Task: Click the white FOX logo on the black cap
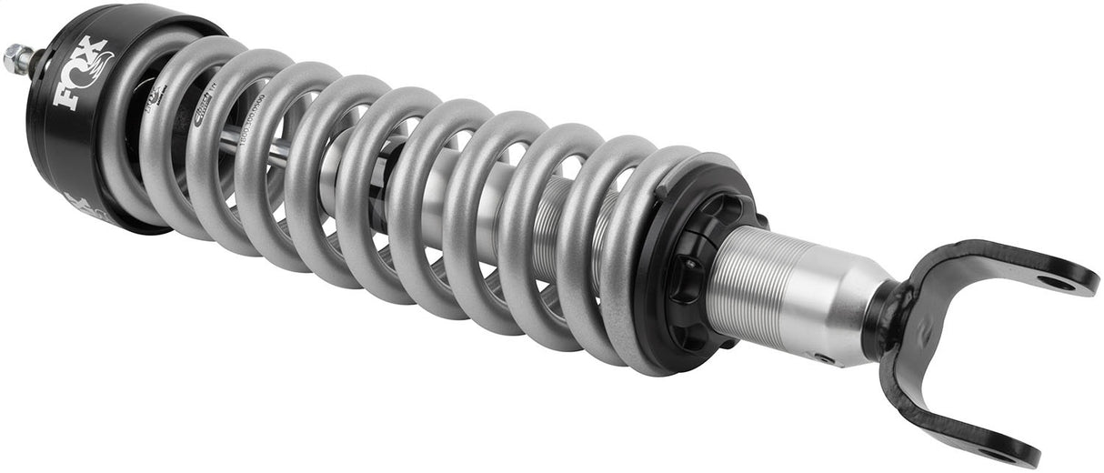[82, 73]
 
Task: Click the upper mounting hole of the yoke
[1056, 282]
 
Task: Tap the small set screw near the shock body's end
[824, 358]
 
